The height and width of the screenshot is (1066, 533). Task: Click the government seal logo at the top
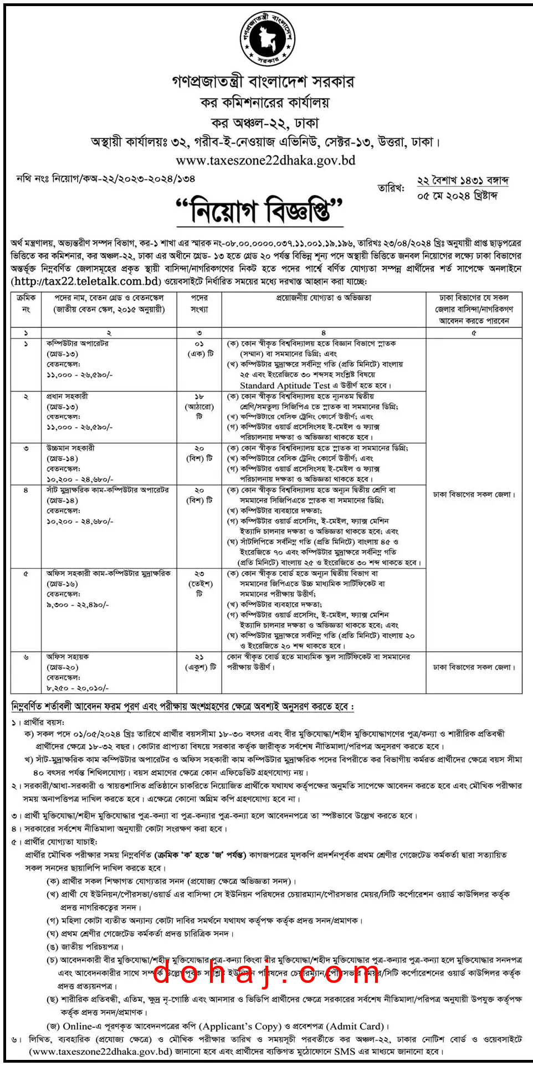click(x=266, y=38)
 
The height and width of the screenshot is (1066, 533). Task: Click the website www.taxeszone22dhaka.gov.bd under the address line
click(x=265, y=161)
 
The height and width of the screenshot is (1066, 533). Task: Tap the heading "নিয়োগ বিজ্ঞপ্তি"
click(x=259, y=211)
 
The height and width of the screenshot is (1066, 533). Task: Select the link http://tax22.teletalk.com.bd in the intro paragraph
click(x=86, y=281)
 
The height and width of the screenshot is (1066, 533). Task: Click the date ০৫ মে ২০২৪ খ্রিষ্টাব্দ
click(x=457, y=196)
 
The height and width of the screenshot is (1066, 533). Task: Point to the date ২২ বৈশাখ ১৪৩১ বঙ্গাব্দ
click(x=463, y=181)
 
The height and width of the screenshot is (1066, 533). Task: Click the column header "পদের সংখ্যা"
click(x=199, y=303)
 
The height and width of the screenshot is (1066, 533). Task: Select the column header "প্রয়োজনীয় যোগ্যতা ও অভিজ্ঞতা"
click(x=324, y=298)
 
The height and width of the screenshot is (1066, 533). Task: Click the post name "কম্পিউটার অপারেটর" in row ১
click(x=78, y=344)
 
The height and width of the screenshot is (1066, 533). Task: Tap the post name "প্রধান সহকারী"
click(x=67, y=397)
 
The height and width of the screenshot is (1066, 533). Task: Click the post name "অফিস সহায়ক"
click(x=68, y=657)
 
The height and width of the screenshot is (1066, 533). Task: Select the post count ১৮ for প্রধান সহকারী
click(x=199, y=397)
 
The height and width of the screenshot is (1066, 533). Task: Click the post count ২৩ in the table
click(x=199, y=574)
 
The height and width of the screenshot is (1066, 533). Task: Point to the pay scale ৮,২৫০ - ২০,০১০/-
click(x=78, y=688)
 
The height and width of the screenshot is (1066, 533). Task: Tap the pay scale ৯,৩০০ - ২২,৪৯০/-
click(x=78, y=605)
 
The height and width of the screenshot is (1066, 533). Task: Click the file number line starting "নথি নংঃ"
click(x=105, y=179)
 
